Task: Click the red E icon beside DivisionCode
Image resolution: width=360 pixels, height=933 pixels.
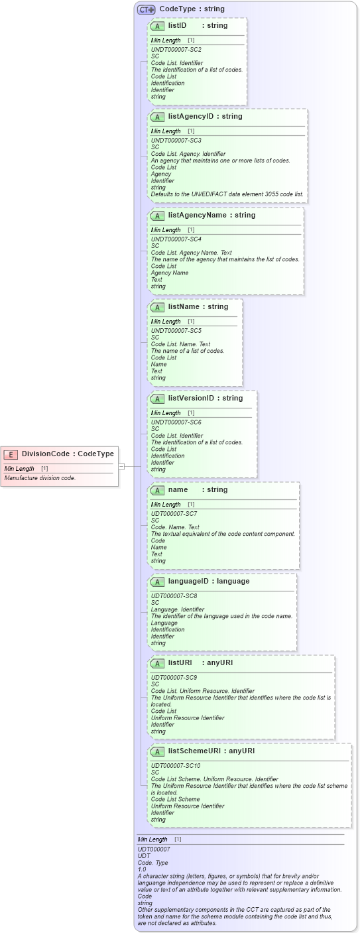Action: coord(11,454)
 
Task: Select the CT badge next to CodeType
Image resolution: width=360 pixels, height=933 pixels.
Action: coord(146,9)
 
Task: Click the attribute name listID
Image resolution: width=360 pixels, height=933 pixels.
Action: coord(177,26)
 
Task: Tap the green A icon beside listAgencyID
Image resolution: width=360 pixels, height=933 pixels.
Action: coord(157,117)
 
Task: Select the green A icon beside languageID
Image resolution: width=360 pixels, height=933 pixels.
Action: coord(157,582)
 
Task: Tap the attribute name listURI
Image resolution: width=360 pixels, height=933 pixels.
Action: coord(180,663)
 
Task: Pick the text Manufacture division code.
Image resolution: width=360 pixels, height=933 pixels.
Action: coord(40,478)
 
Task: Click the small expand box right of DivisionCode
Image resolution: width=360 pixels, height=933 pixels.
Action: coord(121,467)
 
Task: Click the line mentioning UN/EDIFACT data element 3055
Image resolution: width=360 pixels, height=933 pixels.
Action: coord(227,194)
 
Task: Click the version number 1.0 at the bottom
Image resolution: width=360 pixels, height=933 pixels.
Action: coord(142,869)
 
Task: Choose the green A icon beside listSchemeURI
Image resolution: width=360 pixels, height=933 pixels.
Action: coord(157,752)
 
